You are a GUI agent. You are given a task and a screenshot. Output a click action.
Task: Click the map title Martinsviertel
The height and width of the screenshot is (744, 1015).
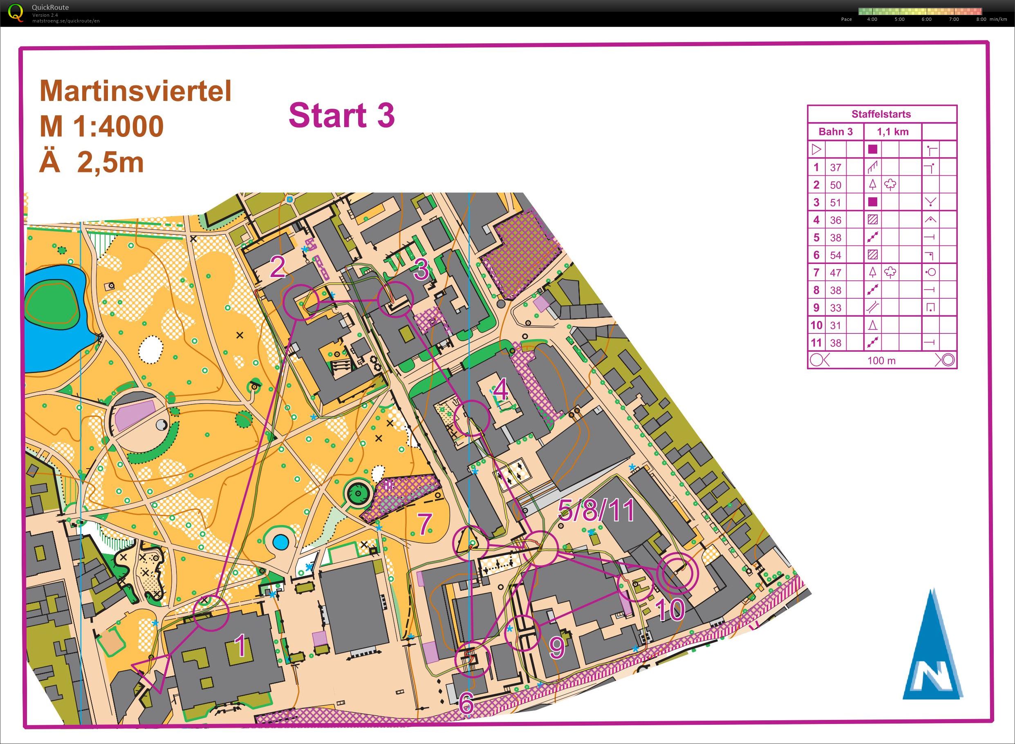(x=135, y=91)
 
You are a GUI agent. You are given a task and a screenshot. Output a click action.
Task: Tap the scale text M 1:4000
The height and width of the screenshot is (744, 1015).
(x=101, y=127)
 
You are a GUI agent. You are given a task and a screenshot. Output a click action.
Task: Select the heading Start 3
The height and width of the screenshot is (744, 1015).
(x=341, y=115)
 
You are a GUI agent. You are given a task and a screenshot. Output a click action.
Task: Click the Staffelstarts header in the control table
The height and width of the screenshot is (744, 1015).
(x=881, y=114)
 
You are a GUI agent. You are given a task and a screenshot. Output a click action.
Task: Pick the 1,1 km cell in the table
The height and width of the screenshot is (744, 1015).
(x=892, y=132)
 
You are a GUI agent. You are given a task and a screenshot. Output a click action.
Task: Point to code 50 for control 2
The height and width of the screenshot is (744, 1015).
(x=836, y=185)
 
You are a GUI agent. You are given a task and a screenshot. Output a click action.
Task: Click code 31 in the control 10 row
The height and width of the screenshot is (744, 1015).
(x=836, y=325)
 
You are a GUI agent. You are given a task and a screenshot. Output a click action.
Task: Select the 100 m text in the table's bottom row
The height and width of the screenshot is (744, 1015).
(x=881, y=361)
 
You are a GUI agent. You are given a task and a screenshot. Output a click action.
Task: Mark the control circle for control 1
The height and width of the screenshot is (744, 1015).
(x=211, y=613)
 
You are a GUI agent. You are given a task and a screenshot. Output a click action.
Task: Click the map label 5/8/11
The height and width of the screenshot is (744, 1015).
(x=596, y=510)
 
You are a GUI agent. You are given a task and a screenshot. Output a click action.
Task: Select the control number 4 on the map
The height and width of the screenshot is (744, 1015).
(x=500, y=391)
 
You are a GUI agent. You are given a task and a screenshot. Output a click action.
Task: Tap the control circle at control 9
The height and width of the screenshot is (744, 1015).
(x=522, y=633)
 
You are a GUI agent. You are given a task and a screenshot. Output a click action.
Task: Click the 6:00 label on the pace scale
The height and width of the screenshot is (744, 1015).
(x=926, y=19)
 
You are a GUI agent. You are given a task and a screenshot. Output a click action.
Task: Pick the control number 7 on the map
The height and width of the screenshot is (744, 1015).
(x=424, y=524)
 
